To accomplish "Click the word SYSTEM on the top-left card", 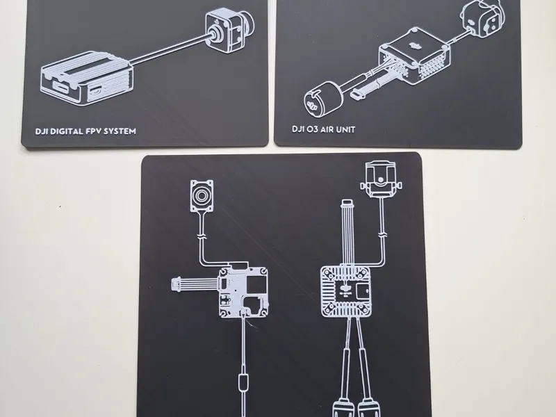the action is point(120,131).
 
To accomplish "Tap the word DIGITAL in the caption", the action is point(67,131).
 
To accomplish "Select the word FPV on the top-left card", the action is point(93,131).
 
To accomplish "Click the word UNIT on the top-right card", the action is point(345,129).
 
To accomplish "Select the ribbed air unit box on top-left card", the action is point(88,79).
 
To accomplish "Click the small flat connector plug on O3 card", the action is point(357,95).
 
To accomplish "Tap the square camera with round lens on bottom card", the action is point(202,196).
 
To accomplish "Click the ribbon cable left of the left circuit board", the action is point(195,284).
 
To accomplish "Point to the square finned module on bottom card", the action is point(347,292).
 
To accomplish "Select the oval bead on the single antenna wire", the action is point(243,382).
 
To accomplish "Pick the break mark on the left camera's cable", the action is point(202,236).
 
